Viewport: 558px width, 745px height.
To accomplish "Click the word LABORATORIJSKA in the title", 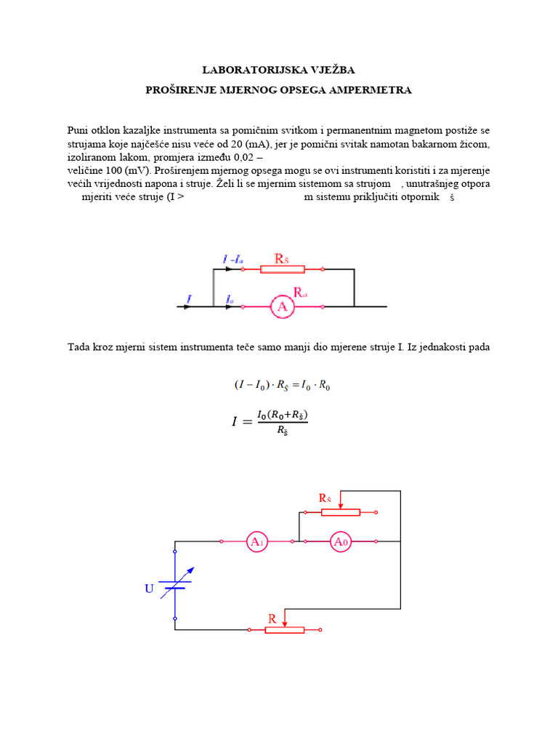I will click(240, 70).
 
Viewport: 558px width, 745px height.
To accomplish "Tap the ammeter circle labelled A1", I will click(256, 541).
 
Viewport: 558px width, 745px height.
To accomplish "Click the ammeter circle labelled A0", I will click(340, 541).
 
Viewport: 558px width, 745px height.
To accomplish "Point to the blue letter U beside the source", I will click(149, 589).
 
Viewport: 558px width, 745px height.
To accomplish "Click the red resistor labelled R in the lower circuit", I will click(284, 629).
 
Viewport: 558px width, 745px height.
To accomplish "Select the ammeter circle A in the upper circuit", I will click(283, 307).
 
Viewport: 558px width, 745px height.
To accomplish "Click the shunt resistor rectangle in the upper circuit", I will click(282, 269).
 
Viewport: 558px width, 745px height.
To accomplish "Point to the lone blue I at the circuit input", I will click(189, 298).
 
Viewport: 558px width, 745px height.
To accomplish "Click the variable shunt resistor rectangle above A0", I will click(340, 512).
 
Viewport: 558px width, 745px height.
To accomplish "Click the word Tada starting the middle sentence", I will click(78, 347).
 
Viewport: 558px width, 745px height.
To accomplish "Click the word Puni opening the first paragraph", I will click(78, 130).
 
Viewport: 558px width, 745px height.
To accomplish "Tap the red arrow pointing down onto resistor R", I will click(285, 616).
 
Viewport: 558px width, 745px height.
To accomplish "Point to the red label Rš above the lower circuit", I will click(325, 498).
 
